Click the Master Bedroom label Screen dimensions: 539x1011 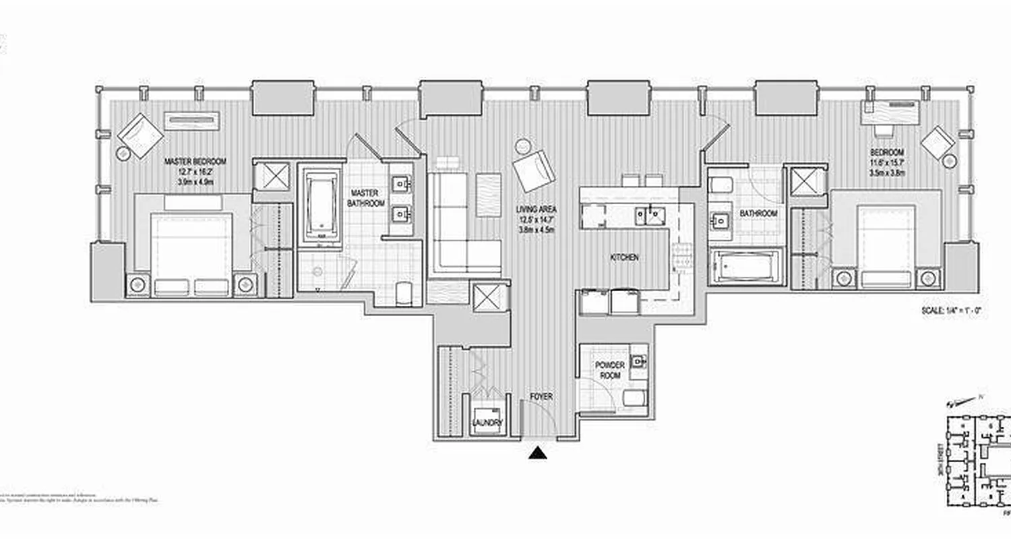point(195,162)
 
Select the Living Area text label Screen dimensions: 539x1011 point(537,210)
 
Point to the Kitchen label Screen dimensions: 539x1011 point(624,257)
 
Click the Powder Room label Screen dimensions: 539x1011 point(609,370)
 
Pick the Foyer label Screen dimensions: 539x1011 point(541,397)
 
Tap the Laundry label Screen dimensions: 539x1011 point(487,422)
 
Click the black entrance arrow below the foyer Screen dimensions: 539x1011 point(538,453)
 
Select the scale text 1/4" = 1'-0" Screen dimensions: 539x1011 point(951,311)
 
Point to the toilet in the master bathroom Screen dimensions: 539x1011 point(404,292)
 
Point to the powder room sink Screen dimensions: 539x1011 point(638,361)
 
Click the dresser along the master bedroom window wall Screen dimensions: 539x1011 point(192,121)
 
